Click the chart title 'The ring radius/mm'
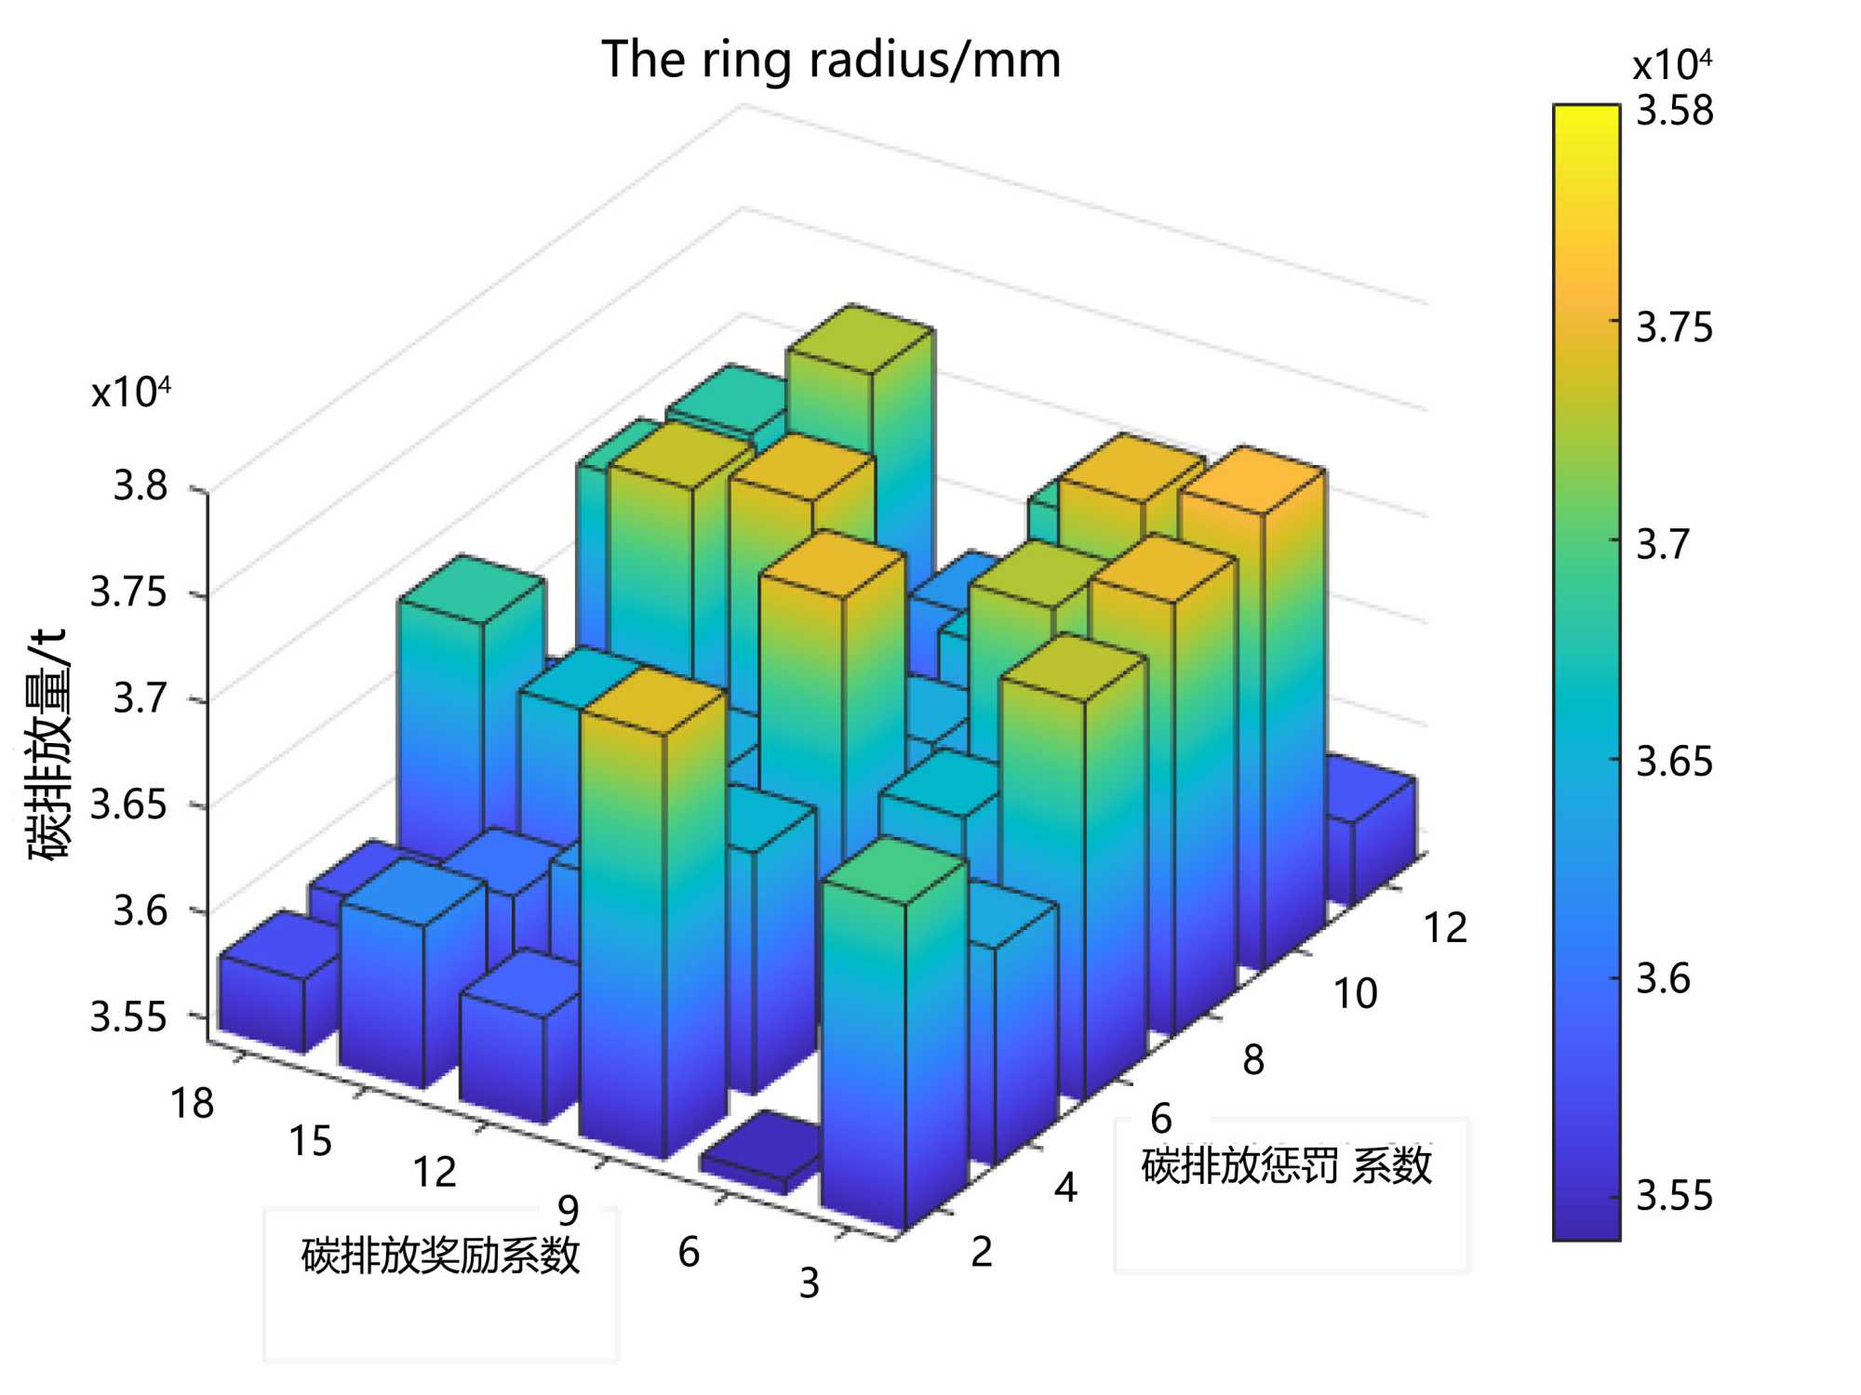click(831, 60)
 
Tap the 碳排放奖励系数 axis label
click(441, 1255)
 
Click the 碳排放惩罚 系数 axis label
click(1287, 1166)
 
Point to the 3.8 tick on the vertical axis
click(141, 485)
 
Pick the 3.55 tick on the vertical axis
click(129, 1016)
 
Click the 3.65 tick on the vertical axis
click(129, 804)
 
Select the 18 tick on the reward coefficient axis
click(193, 1104)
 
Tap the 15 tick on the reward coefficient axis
click(311, 1141)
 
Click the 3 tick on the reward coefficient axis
click(810, 1283)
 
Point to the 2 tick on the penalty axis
click(982, 1253)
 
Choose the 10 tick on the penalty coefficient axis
click(1356, 994)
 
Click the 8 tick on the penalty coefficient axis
click(1253, 1060)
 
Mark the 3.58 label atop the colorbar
click(1675, 111)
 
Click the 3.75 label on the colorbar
click(1675, 327)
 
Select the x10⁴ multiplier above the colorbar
click(1672, 65)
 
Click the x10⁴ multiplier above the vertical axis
click(131, 392)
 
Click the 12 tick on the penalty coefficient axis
click(1446, 928)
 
